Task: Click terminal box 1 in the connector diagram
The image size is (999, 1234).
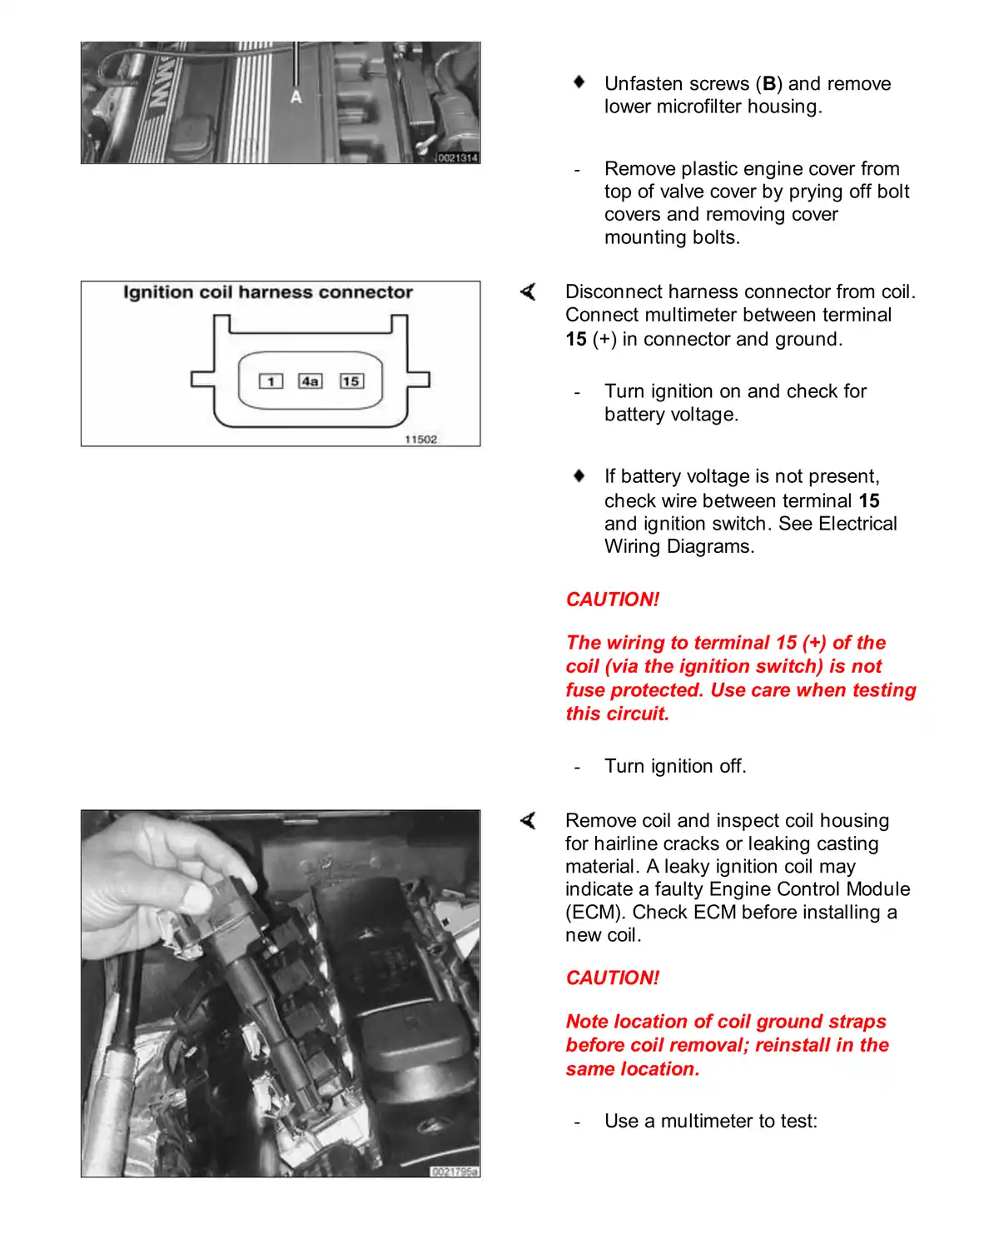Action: click(x=271, y=381)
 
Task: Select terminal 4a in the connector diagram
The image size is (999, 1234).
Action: click(x=311, y=381)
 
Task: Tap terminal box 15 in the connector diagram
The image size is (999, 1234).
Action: click(x=351, y=381)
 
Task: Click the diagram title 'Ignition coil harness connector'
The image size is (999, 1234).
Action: click(x=268, y=292)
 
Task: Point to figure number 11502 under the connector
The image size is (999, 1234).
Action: click(x=420, y=440)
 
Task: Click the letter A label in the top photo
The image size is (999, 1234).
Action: click(x=296, y=97)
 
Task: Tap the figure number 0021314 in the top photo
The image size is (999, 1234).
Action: click(x=458, y=157)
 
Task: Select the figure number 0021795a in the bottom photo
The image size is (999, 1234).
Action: click(x=455, y=1172)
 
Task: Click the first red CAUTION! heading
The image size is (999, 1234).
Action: click(x=613, y=600)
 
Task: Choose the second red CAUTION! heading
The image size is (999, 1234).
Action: click(x=613, y=978)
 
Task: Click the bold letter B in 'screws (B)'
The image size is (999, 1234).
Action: click(x=769, y=84)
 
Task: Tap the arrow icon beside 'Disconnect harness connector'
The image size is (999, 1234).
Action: click(x=528, y=291)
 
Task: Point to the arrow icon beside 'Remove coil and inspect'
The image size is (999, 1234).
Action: click(x=528, y=821)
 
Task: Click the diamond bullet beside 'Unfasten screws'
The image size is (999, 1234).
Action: click(x=579, y=82)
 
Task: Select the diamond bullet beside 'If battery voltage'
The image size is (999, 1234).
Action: click(x=579, y=475)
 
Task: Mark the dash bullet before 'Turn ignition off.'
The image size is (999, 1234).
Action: click(x=577, y=767)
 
